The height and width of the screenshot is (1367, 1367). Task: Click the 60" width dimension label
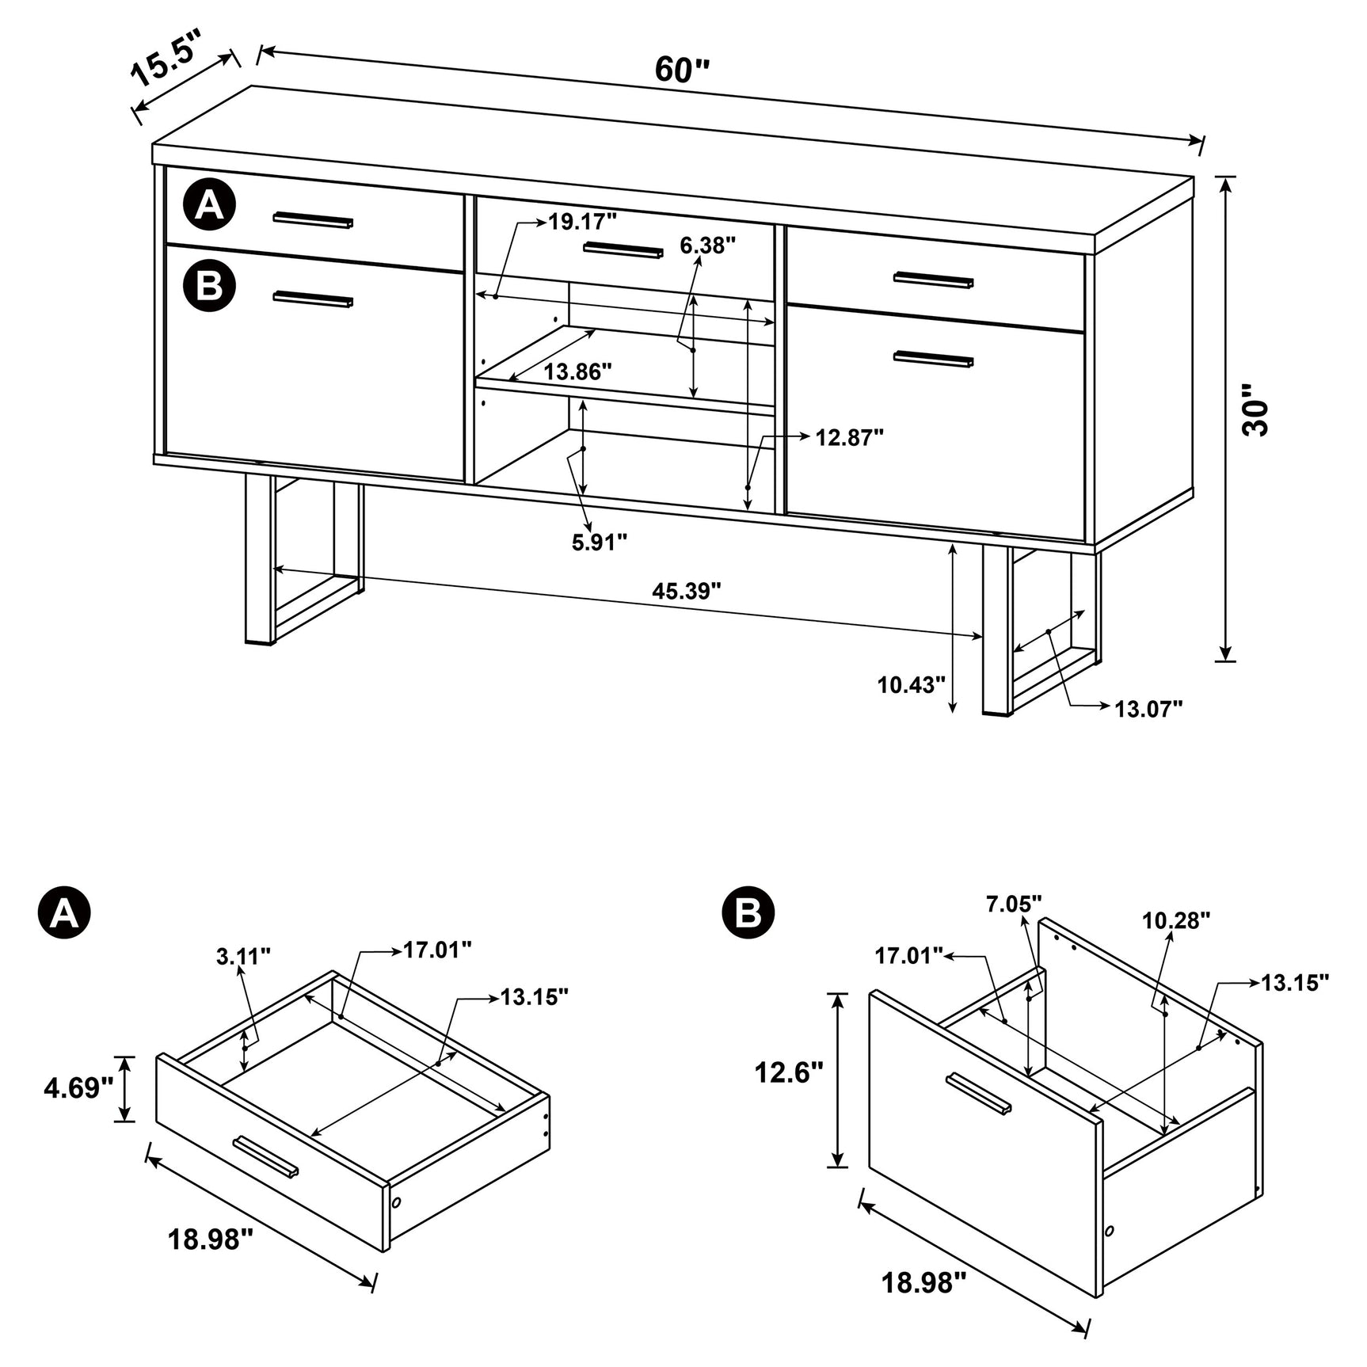point(682,70)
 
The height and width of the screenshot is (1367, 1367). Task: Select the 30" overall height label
point(1255,411)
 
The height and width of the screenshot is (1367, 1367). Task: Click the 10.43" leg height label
point(911,684)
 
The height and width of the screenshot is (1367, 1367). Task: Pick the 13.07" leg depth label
point(1148,709)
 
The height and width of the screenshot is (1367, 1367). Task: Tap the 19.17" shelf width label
point(582,222)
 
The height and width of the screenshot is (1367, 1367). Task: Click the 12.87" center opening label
point(849,437)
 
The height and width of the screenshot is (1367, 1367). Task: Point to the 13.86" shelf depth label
point(577,371)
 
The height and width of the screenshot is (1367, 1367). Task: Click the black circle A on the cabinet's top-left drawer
point(209,206)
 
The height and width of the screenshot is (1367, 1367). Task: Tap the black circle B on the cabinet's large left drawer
point(209,286)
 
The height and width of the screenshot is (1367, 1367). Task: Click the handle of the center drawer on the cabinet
point(623,250)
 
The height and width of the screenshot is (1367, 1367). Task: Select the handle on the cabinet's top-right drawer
point(933,280)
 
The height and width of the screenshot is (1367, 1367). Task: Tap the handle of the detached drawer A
point(266,1158)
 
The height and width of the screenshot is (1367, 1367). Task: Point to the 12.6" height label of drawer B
point(789,1072)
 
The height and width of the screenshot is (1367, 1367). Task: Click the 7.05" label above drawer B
point(1013,903)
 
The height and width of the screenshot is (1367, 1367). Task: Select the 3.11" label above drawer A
point(243,956)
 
